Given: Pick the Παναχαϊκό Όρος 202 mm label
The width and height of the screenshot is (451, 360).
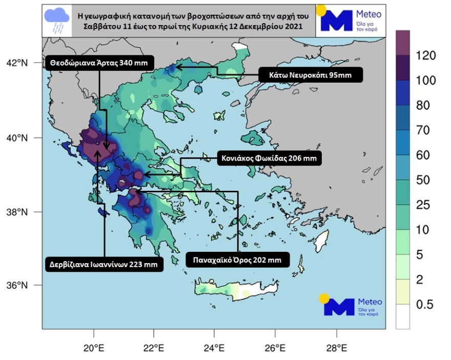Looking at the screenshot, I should click(237, 260).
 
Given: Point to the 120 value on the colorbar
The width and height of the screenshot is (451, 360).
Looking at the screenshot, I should click(426, 55).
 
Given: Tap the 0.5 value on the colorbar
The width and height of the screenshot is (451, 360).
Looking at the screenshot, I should click(423, 305).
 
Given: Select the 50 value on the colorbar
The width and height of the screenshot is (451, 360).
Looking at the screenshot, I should click(423, 180).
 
